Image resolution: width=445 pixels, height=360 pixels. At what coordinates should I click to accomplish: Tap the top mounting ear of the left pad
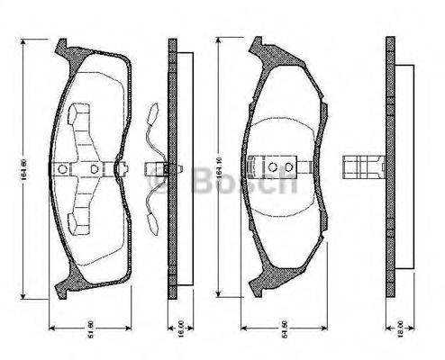point(63,46)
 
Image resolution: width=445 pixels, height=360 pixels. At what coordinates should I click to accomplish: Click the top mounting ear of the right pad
point(259,46)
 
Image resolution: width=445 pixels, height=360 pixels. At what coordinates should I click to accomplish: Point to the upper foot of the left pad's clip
point(77,114)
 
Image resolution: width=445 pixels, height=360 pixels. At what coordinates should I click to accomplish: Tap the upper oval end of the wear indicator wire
point(152,112)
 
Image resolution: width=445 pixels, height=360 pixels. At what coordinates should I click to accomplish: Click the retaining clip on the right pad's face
point(280,167)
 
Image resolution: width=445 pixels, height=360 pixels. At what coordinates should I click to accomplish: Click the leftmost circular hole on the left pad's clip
point(61,168)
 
